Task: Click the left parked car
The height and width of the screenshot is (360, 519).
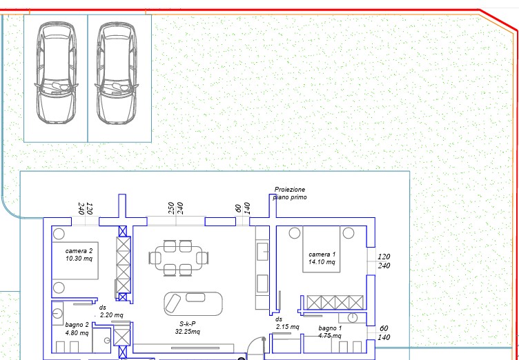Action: (x=57, y=73)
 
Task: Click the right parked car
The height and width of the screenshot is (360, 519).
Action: (x=117, y=73)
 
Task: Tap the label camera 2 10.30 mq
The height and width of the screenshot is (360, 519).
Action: (x=79, y=254)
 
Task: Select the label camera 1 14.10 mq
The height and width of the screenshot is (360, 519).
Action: (x=322, y=258)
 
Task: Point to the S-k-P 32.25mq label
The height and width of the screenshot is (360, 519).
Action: (x=188, y=328)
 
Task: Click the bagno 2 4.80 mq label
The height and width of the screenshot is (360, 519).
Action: (x=77, y=328)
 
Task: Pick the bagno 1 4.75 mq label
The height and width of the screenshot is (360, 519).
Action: (x=330, y=332)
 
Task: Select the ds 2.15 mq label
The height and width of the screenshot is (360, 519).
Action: (x=287, y=323)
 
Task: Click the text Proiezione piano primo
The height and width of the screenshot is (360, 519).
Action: (x=291, y=193)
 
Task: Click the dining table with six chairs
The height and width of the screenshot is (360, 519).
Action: (x=179, y=258)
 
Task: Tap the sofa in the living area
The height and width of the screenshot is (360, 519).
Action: (x=193, y=303)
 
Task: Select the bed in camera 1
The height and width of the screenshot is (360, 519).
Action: (x=322, y=249)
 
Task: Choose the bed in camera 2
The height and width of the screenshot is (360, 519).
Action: (x=75, y=261)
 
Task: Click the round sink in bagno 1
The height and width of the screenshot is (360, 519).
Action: (x=353, y=318)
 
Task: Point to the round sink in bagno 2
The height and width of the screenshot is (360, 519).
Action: (x=57, y=313)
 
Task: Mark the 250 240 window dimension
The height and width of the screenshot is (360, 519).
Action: (x=176, y=208)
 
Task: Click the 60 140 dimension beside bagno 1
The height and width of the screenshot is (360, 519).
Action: (x=384, y=333)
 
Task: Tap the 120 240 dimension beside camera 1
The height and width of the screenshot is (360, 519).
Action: (x=384, y=261)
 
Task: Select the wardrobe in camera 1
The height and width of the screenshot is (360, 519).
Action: (x=335, y=303)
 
